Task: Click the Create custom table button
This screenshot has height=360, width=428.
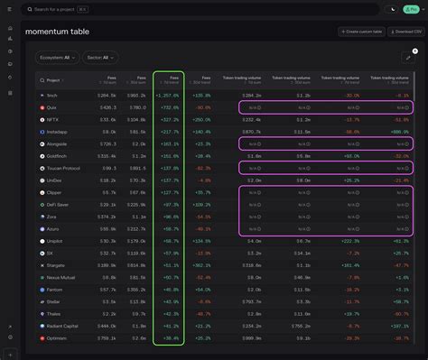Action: (x=363, y=32)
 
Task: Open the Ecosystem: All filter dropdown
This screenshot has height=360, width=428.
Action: (x=57, y=57)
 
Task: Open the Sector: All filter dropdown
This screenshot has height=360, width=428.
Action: (x=99, y=57)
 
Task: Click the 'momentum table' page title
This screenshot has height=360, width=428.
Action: (x=58, y=32)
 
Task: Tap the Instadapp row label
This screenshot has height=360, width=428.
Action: (x=56, y=131)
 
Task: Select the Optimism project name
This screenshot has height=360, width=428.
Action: (x=55, y=339)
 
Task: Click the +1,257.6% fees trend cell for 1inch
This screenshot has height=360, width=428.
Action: (x=168, y=94)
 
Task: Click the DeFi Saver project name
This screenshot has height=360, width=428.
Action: (x=57, y=205)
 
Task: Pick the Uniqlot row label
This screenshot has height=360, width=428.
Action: (x=54, y=241)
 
